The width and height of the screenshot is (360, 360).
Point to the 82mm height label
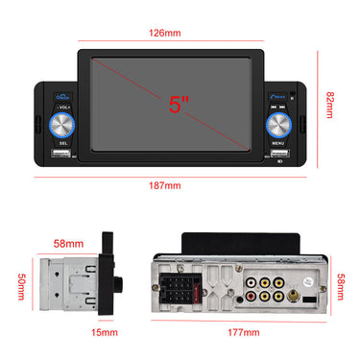click(x=328, y=99)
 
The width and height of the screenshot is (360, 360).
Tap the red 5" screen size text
click(x=179, y=105)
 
